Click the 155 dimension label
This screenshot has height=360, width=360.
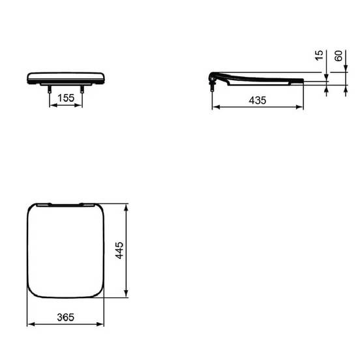66,98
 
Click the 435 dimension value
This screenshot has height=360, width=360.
258,100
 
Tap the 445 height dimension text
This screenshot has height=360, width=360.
119,250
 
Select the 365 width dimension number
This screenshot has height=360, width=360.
66,318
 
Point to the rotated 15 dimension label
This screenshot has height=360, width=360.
319,55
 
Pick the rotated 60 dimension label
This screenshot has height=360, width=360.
338,56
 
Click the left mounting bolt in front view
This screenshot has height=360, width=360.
50,89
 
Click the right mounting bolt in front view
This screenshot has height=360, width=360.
82,89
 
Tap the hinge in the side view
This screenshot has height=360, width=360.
213,78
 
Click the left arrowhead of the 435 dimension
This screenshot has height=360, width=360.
216,107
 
